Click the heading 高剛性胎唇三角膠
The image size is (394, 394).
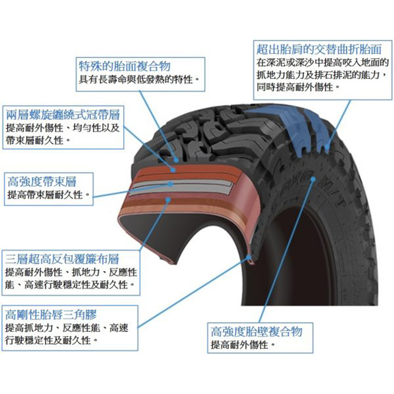tap(50, 315)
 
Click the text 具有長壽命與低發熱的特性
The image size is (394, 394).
tap(139, 80)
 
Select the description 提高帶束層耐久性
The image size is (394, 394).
tap(48, 195)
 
